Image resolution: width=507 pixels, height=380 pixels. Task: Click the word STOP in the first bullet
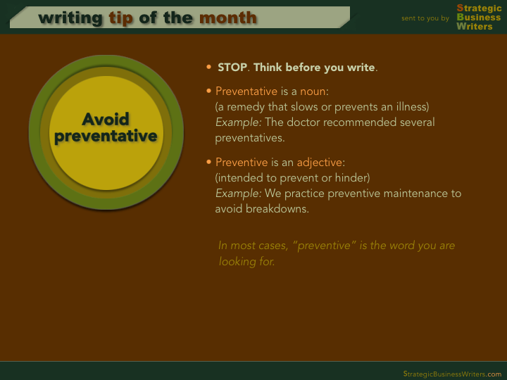[x=232, y=68]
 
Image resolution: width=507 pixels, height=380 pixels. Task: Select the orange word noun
[x=313, y=91]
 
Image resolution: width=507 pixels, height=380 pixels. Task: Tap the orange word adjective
[x=320, y=163]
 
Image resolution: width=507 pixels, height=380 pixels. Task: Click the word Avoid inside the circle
[x=106, y=119]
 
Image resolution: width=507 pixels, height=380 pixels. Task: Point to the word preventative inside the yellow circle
[x=106, y=136]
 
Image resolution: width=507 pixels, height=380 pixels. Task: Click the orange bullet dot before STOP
[x=209, y=68]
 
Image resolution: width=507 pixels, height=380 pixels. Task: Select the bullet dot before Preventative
[x=209, y=91]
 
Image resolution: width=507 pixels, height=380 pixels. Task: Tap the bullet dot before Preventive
[x=209, y=162]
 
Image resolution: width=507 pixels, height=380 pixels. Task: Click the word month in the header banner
[x=228, y=18]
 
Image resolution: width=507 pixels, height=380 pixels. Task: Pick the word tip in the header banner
[x=120, y=18]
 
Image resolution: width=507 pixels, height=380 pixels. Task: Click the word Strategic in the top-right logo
[x=479, y=8]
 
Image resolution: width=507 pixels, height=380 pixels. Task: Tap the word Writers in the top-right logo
[x=475, y=26]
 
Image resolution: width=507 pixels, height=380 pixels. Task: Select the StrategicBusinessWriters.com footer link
[x=452, y=374]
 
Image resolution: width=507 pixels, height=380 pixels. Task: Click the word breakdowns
[x=277, y=209]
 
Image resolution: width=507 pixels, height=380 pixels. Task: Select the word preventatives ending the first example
[x=249, y=138]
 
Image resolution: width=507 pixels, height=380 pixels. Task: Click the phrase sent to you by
[x=425, y=18]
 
